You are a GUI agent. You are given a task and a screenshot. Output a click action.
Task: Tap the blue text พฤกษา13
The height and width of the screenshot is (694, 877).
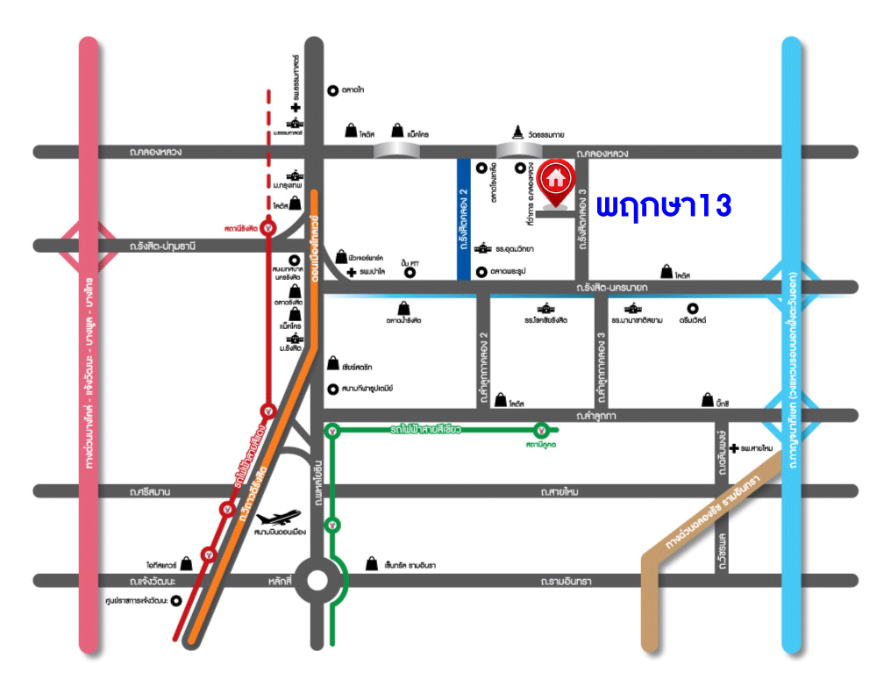click(x=664, y=207)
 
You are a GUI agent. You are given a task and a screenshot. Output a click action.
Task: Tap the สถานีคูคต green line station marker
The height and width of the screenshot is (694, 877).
click(x=543, y=430)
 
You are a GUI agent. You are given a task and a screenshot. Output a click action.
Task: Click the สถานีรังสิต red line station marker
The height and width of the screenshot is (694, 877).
click(x=268, y=229)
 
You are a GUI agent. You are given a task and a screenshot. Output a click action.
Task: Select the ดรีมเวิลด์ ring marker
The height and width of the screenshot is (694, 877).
click(x=693, y=309)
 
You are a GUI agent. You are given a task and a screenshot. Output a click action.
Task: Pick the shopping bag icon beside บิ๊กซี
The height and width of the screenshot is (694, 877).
click(x=708, y=401)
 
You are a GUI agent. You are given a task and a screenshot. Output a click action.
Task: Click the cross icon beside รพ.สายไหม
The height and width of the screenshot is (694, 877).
click(x=733, y=448)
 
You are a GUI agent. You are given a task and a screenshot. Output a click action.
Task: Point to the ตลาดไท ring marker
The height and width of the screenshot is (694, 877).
click(x=332, y=89)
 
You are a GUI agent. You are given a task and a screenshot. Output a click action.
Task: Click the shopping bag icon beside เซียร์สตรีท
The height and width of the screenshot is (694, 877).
click(x=333, y=363)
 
